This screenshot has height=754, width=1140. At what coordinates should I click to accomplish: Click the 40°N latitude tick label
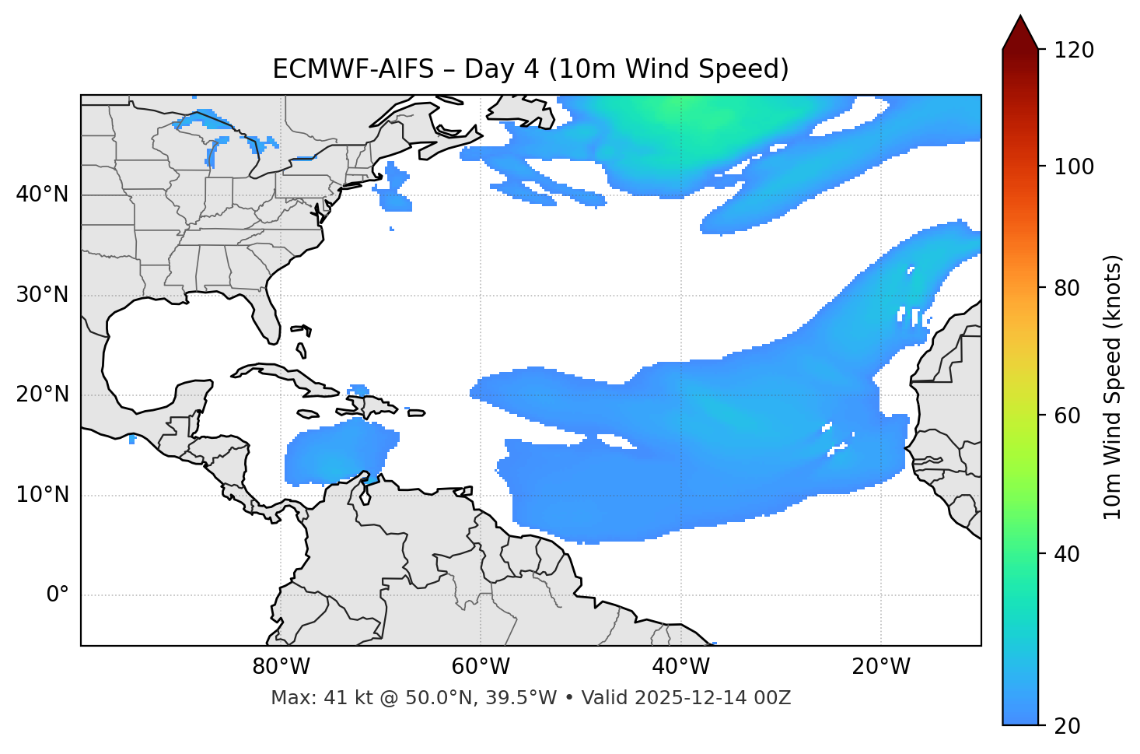tap(42, 195)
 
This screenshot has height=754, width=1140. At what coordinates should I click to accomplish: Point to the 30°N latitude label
tap(42, 295)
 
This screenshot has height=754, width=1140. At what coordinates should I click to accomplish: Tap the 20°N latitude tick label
tap(42, 395)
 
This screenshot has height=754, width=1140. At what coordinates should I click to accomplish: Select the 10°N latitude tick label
tap(42, 495)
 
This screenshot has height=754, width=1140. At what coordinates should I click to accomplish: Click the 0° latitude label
tap(58, 595)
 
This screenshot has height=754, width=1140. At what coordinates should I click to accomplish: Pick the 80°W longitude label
tap(281, 667)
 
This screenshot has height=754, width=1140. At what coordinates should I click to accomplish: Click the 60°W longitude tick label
tap(481, 667)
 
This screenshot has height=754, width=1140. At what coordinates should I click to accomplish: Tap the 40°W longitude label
tap(680, 667)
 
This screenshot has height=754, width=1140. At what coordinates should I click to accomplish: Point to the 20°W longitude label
tap(881, 667)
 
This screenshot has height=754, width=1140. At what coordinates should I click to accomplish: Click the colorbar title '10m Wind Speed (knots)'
tap(1113, 387)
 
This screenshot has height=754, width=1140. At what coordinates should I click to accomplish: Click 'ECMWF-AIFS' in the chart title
tap(352, 69)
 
